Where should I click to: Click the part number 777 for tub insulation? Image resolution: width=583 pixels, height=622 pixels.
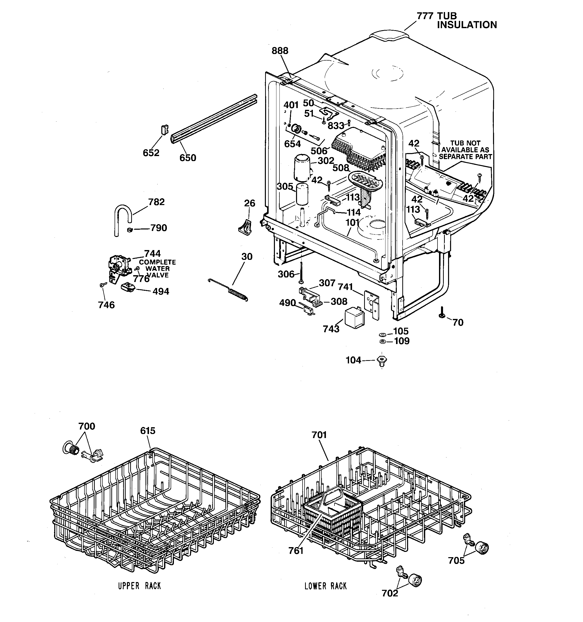(425, 16)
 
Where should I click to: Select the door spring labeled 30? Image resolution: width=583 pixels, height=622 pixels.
(236, 293)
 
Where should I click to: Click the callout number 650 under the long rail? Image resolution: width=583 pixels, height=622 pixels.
(188, 158)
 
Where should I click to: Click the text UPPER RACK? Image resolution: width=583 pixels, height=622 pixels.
(139, 586)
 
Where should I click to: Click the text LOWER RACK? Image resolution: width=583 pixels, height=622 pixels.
(325, 586)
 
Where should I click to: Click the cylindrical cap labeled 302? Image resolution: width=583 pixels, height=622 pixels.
(302, 169)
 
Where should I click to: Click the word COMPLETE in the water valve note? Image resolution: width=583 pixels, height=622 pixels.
(157, 262)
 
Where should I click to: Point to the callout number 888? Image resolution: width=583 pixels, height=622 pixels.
(280, 51)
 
